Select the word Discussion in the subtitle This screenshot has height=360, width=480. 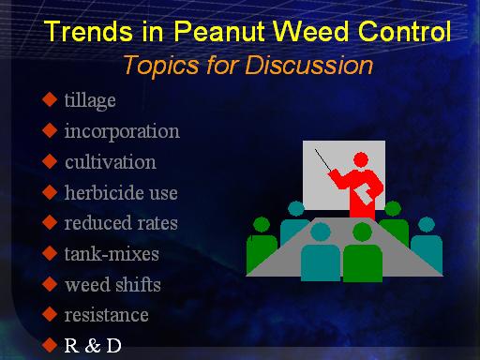click(x=309, y=66)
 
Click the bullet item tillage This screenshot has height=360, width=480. click(x=90, y=100)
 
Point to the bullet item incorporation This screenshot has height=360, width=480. click(x=122, y=131)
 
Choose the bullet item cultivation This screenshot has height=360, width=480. click(x=111, y=162)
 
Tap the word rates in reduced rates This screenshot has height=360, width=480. click(x=157, y=223)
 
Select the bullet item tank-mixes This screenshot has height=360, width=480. click(x=112, y=254)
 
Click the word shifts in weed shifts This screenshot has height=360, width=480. click(x=139, y=284)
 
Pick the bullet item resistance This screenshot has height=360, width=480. click(x=106, y=315)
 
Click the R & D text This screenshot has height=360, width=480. click(x=93, y=346)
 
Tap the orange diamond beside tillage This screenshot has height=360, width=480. click(x=50, y=99)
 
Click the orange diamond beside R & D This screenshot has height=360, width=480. click(x=50, y=345)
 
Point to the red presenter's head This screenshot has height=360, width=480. click(x=361, y=160)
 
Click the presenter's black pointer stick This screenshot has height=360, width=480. click(x=322, y=160)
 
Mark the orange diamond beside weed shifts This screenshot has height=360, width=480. click(x=50, y=284)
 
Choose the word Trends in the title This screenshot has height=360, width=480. click(x=88, y=31)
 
